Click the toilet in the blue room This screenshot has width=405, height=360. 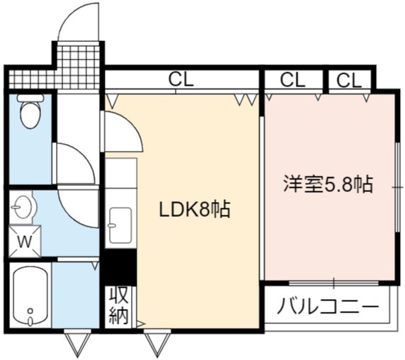tap(30, 111)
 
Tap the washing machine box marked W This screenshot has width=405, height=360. tap(25, 242)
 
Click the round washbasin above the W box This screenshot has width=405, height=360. tap(24, 207)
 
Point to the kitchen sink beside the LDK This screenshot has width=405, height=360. tap(120, 225)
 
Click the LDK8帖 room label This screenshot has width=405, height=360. tap(195, 209)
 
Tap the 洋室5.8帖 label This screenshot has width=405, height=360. tap(329, 184)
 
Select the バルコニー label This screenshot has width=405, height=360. tap(328, 305)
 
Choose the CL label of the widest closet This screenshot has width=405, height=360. tap(181, 79)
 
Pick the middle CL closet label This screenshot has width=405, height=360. tap(292, 80)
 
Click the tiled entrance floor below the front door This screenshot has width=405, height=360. tap(78, 67)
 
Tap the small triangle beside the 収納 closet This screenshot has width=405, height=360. tap(141, 324)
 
